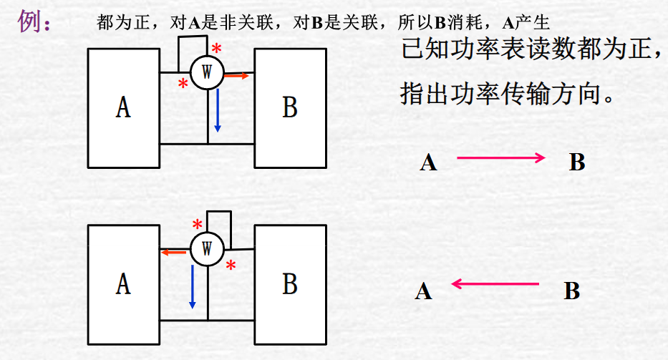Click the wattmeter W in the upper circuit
(x=207, y=72)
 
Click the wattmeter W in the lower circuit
(x=207, y=248)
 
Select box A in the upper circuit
(x=123, y=107)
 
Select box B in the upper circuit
(x=289, y=107)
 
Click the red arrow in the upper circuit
(x=238, y=74)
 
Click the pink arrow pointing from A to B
(x=501, y=158)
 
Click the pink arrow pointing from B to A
(x=495, y=284)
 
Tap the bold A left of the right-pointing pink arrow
(x=428, y=163)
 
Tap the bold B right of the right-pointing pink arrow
(x=577, y=163)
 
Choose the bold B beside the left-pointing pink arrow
(x=571, y=292)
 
